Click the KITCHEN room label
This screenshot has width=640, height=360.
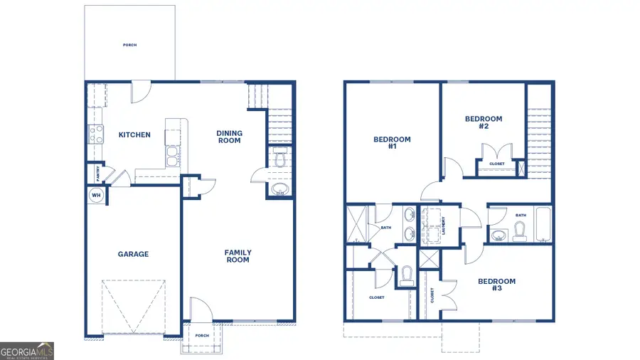(134, 134)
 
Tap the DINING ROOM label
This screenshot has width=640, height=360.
(229, 137)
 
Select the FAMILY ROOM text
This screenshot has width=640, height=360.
(238, 256)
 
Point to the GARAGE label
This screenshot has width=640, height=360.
(133, 254)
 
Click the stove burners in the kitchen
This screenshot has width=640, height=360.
(95, 134)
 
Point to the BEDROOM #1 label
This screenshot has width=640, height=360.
(392, 143)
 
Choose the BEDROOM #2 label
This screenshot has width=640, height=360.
(484, 122)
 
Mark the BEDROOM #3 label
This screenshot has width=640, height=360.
(496, 285)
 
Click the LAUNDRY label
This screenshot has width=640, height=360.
(443, 226)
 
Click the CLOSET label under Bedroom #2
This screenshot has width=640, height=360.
(496, 164)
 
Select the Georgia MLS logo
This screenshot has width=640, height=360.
(27, 351)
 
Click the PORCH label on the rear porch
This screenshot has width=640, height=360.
(129, 46)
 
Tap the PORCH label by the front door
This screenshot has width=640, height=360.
(202, 336)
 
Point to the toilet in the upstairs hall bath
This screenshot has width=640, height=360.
(519, 231)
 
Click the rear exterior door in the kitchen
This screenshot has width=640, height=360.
(142, 90)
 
